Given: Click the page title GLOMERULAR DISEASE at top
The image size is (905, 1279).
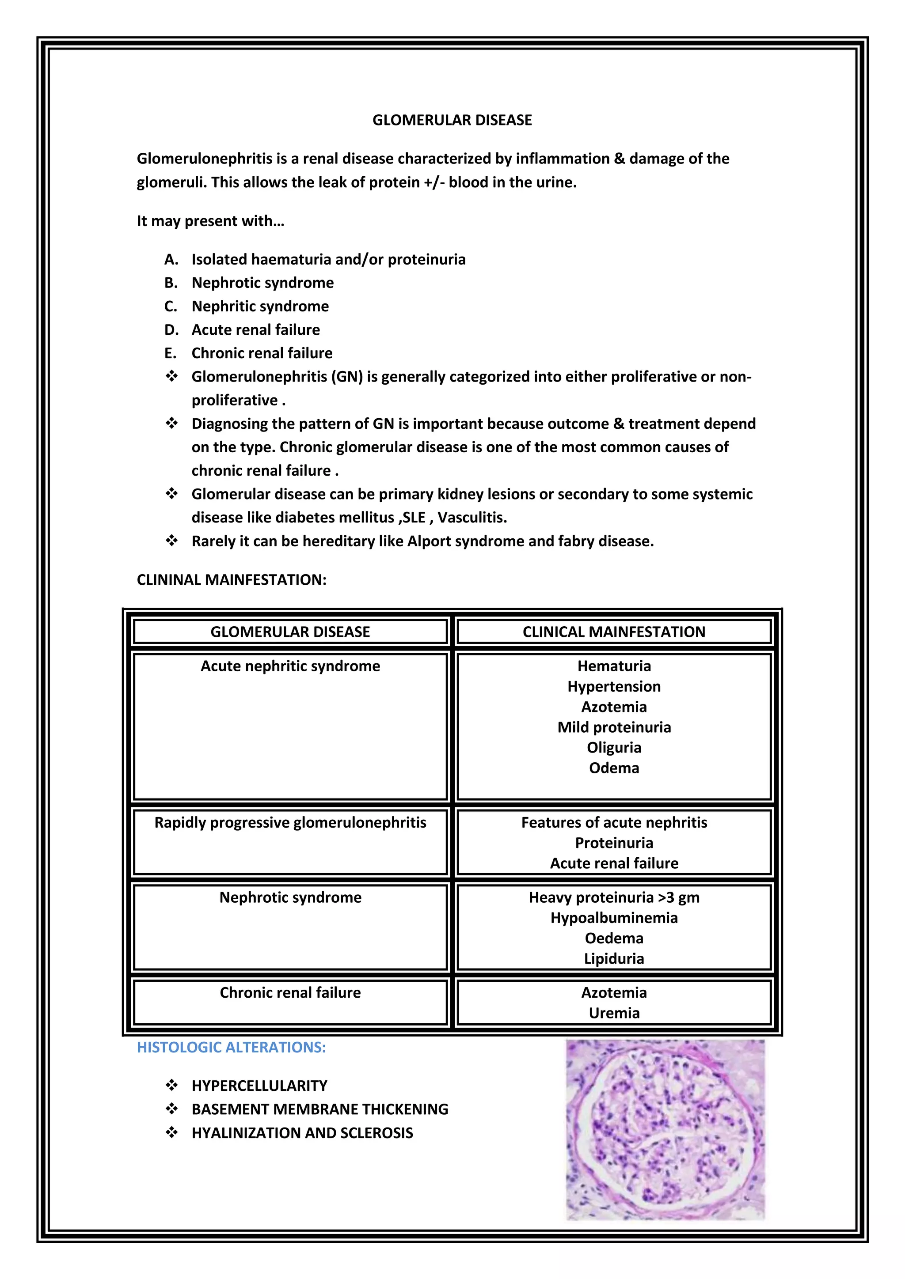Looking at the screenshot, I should (452, 120).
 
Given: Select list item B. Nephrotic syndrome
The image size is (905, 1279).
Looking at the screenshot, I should (262, 283).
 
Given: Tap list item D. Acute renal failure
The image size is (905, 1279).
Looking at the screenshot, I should (256, 330).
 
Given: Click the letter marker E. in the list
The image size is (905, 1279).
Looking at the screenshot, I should (171, 353).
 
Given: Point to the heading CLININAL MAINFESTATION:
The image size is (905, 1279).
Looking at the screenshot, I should (231, 580).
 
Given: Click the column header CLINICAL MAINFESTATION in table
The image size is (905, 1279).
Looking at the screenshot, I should (613, 632).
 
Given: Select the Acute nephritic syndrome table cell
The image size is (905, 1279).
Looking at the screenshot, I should (290, 666).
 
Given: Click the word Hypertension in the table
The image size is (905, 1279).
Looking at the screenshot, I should (613, 686).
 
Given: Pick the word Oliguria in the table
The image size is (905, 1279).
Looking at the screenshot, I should (613, 748).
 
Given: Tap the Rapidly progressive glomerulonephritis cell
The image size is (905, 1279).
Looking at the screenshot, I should (290, 823).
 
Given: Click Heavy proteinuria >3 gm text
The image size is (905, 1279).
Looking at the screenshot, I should (613, 897).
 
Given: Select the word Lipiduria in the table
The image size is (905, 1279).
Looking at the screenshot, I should (613, 959).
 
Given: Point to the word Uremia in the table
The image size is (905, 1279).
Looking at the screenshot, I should (613, 1013).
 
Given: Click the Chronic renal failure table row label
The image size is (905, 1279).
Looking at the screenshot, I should (290, 993).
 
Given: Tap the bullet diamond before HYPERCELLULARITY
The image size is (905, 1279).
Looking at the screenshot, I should (171, 1085).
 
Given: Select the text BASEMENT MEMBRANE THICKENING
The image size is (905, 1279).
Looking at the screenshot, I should (320, 1109).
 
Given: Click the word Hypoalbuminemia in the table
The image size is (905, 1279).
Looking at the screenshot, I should (613, 918).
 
